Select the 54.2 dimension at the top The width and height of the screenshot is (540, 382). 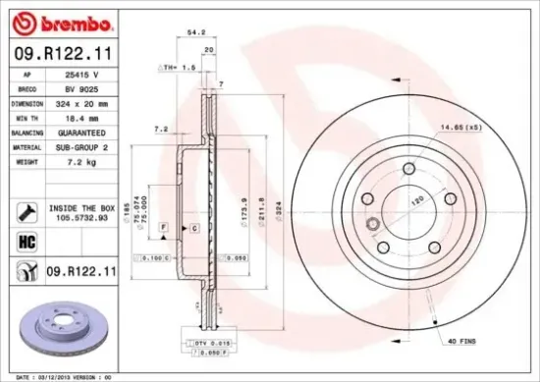(x=195, y=32)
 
